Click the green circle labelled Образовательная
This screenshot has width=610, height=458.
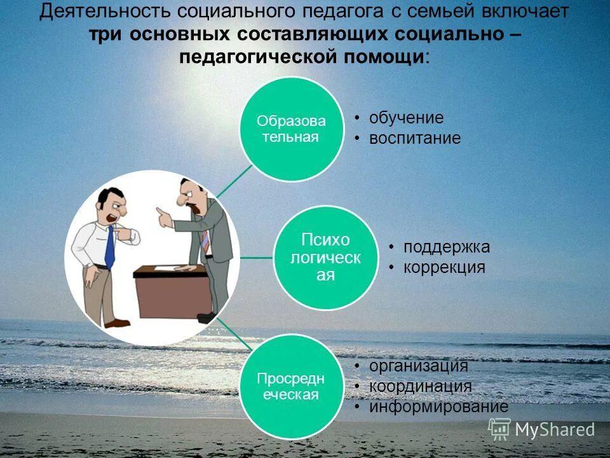[290, 129]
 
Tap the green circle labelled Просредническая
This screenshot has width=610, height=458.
[290, 386]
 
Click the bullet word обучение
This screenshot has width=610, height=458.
[406, 118]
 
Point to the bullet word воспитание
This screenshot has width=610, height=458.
[415, 139]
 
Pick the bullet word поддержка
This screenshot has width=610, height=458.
[447, 247]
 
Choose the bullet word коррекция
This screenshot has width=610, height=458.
[444, 268]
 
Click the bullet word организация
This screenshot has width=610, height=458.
[419, 366]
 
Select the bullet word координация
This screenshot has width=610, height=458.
[421, 386]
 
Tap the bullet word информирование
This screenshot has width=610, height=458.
[439, 406]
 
